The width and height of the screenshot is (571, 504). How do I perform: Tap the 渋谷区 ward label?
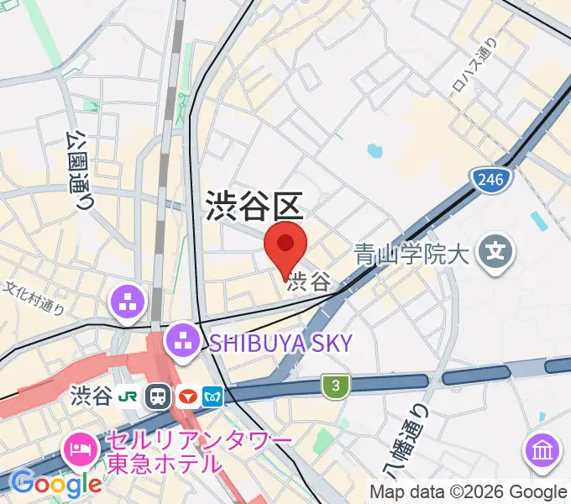click(253, 206)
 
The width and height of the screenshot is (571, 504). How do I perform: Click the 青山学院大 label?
click(410, 253)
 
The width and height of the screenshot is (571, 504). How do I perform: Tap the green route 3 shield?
click(335, 386)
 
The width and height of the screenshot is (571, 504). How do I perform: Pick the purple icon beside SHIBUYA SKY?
click(181, 341)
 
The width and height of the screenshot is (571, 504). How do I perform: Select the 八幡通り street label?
click(404, 446)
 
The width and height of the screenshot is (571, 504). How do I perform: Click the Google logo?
click(56, 483)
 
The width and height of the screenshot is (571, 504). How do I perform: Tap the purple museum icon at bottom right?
click(542, 450)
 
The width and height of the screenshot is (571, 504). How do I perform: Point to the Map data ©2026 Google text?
click(469, 492)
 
